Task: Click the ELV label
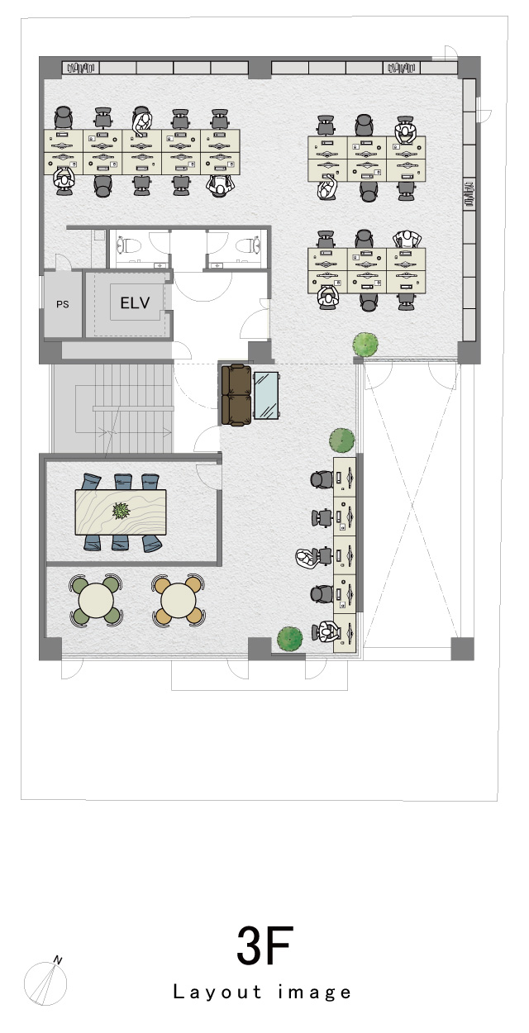135,303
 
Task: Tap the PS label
63,304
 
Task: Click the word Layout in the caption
217,992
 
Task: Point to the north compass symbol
45,983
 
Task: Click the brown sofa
236,395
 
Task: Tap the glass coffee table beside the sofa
266,396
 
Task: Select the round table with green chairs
96,600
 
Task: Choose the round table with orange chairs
179,600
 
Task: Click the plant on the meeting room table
121,511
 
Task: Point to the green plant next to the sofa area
342,440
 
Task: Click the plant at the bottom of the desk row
289,639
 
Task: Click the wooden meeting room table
121,512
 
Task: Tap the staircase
112,408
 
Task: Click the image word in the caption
315,993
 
